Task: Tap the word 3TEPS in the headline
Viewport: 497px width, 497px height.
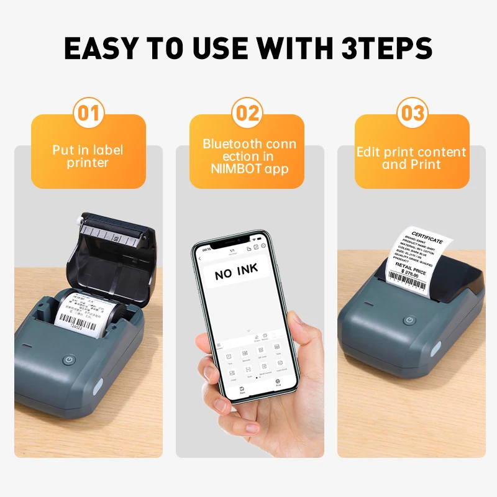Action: tap(383, 48)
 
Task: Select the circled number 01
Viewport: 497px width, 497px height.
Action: tap(89, 114)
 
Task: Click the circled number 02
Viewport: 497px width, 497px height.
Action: tap(247, 114)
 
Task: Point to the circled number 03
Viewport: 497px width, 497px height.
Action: tap(412, 114)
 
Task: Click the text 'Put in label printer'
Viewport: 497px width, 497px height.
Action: tap(88, 157)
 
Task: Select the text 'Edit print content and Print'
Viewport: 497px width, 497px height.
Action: tap(411, 158)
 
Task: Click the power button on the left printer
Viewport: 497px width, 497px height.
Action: tap(70, 360)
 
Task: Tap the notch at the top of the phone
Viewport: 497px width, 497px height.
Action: tap(232, 240)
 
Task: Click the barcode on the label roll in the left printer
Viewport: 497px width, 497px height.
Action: tap(78, 321)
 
